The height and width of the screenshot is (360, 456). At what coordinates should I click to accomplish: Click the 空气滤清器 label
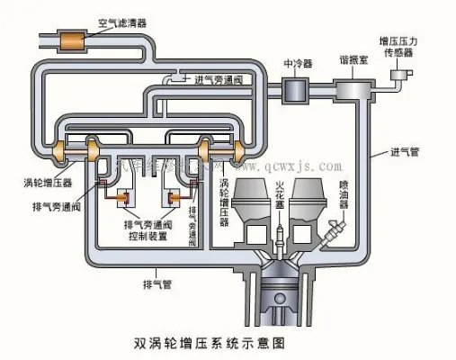[122, 17]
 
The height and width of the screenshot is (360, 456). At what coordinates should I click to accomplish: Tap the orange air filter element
[68, 40]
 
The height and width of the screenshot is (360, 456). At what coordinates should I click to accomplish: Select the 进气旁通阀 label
[221, 79]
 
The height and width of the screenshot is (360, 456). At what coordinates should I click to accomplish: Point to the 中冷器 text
[299, 64]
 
